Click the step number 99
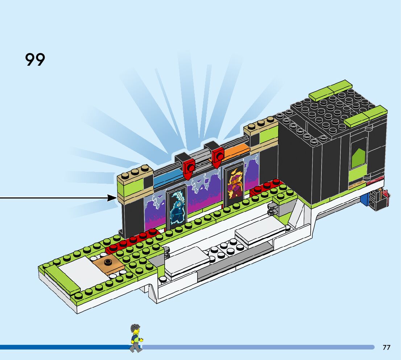[x=35, y=60]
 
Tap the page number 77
[x=386, y=348]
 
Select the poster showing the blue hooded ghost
[x=177, y=207]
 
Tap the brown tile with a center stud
[x=108, y=264]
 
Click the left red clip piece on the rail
[x=188, y=167]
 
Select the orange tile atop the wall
[x=236, y=150]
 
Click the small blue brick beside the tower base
[x=364, y=202]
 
